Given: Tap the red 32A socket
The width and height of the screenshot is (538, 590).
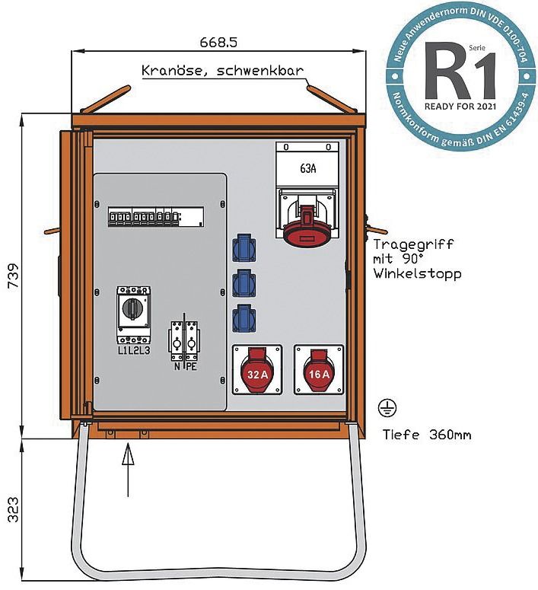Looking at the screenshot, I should [257, 369].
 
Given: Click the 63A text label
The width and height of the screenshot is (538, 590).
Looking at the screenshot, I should [307, 168].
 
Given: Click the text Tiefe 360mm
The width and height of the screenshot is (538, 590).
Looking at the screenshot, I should [426, 435].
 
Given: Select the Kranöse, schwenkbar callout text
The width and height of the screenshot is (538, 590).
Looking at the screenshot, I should [223, 72].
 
